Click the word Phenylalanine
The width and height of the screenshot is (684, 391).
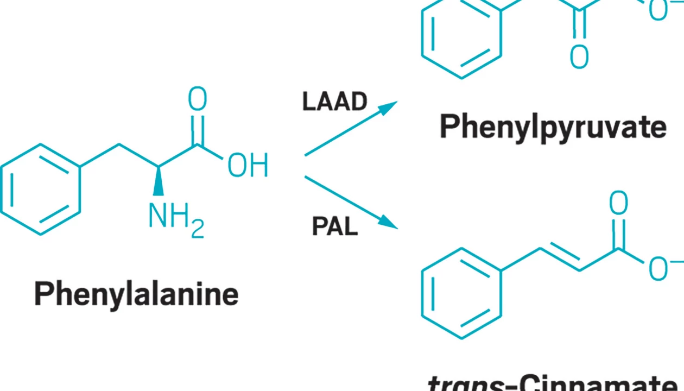click(136, 294)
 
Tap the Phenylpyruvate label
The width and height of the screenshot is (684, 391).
click(553, 127)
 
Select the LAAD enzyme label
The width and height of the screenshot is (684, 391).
click(334, 102)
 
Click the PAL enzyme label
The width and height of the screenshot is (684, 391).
click(334, 226)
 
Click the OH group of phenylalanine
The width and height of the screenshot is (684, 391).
click(248, 166)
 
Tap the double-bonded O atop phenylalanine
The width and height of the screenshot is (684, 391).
click(197, 100)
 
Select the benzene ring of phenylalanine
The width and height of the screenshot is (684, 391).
click(41, 189)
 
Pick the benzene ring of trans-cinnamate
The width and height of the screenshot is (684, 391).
click(461, 293)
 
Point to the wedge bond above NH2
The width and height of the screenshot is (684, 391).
click(159, 181)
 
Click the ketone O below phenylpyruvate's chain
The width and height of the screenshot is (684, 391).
click(579, 55)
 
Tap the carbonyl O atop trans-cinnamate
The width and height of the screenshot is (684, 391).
click(618, 203)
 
